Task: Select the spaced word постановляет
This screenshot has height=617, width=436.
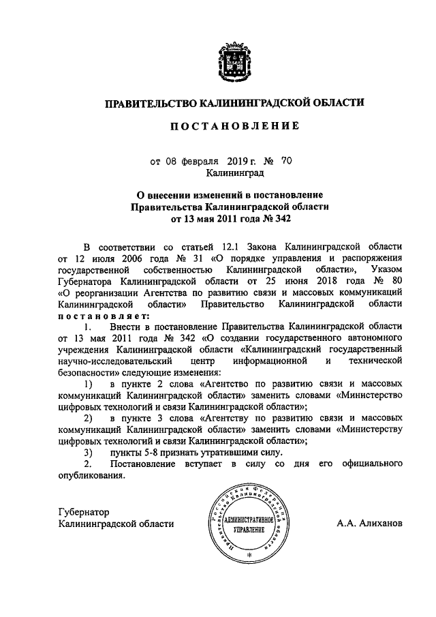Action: [x=102, y=320]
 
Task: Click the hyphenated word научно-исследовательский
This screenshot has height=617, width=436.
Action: [x=110, y=361]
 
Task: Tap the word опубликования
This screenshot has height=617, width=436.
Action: [x=92, y=477]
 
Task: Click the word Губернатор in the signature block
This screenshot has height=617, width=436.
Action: [x=84, y=511]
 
